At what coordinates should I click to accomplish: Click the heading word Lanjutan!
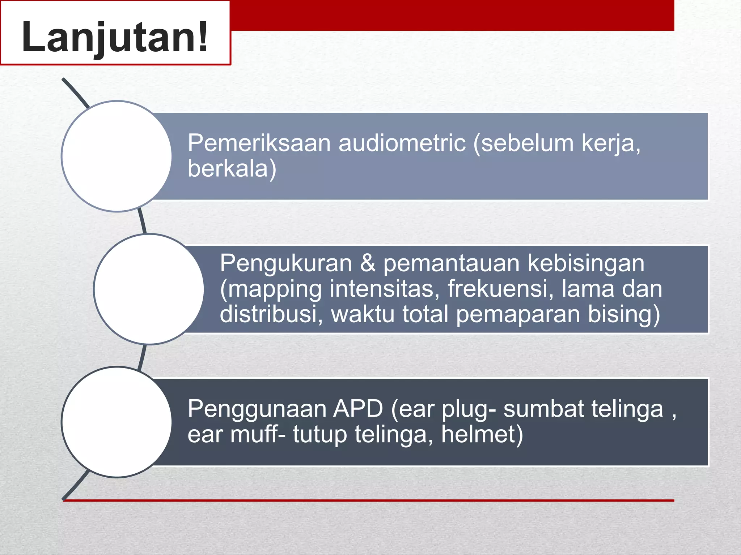click(115, 37)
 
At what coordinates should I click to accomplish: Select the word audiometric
click(402, 143)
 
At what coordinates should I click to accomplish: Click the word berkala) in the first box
click(232, 169)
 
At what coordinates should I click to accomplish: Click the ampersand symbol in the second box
click(368, 263)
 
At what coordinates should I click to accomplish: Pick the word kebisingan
click(586, 263)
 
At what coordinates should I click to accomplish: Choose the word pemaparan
click(517, 314)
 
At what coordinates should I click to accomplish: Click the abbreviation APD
click(358, 409)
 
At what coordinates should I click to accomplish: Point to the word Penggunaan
click(256, 409)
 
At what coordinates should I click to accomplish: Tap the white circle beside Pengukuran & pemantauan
click(149, 289)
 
